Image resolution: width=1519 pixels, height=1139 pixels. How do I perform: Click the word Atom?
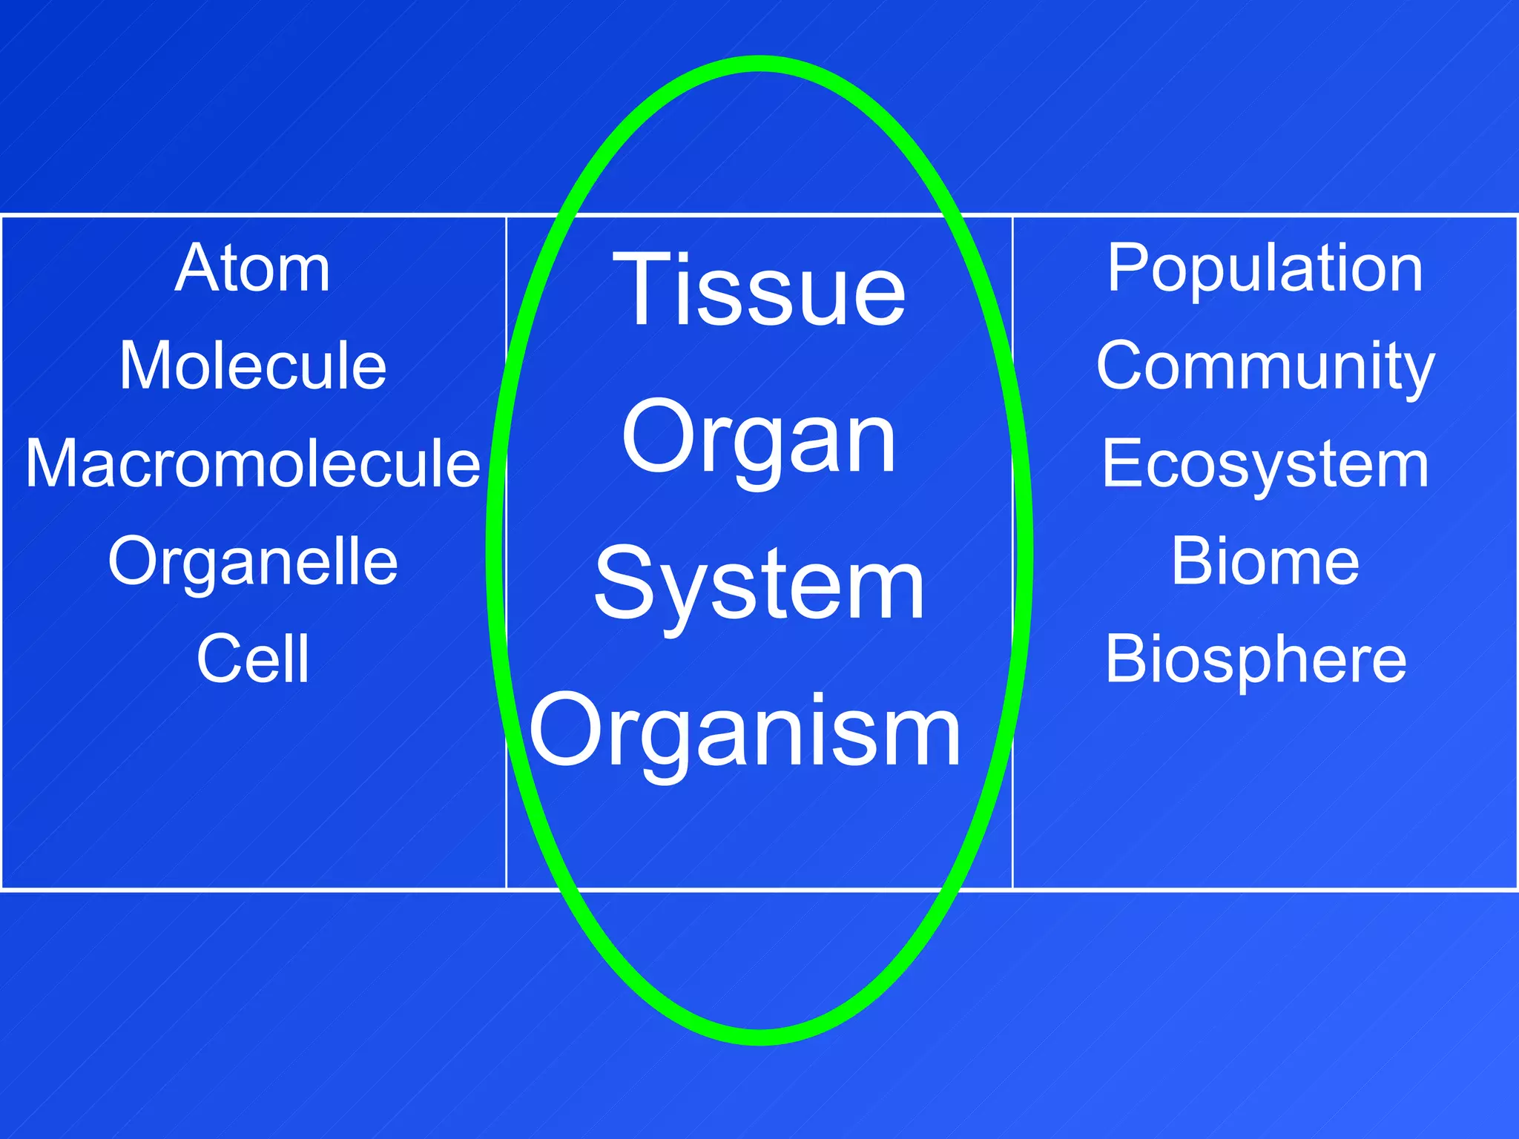(252, 268)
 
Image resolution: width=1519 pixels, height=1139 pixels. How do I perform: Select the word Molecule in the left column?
(253, 366)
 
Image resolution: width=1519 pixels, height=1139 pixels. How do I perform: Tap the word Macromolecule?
(253, 463)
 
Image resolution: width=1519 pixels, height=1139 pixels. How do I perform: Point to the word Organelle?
(253, 562)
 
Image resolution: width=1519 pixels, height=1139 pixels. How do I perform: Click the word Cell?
(253, 658)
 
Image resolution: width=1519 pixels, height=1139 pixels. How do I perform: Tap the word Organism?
(745, 733)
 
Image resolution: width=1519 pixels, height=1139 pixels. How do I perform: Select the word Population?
(1265, 268)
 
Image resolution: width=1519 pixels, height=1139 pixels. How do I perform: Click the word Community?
(1265, 367)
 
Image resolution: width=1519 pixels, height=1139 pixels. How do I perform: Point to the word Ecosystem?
(1265, 465)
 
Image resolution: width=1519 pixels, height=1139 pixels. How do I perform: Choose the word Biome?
(1265, 562)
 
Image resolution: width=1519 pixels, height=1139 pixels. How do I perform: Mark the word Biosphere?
(1256, 660)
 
